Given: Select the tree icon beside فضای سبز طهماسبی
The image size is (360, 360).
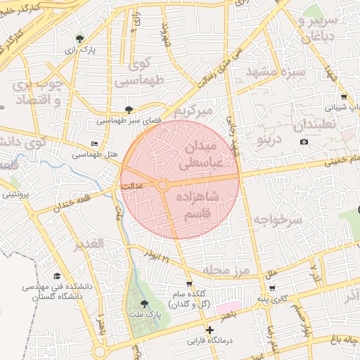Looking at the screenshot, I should click(x=128, y=109).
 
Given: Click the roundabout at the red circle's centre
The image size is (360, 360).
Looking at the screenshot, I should click(x=162, y=185).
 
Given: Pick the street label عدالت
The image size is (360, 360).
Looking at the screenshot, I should click(x=132, y=187).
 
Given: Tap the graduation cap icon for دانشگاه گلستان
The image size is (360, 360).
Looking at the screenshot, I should click(x=57, y=276).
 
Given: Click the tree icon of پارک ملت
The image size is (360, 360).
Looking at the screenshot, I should click(x=145, y=304).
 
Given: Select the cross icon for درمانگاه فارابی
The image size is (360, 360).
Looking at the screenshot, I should click(x=209, y=330).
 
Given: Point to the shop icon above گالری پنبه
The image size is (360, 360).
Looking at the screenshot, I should click(x=271, y=288).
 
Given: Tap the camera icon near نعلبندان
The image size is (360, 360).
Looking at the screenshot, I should click(x=304, y=142).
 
